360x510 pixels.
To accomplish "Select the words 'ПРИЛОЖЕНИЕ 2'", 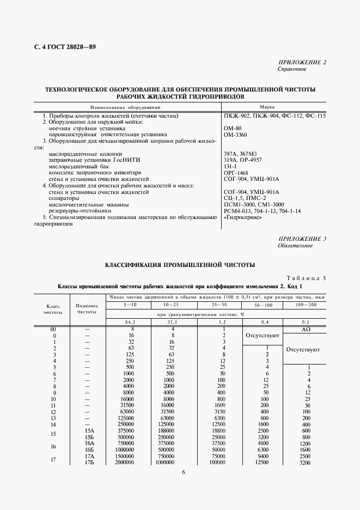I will (302, 63).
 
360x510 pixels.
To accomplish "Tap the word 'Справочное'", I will (292, 70).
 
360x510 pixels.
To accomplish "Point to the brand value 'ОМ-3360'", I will (235, 134).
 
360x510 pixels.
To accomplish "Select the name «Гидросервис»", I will (242, 217).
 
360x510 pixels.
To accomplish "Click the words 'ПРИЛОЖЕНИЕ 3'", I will (302, 239).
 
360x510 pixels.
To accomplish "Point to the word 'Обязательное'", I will (295, 246).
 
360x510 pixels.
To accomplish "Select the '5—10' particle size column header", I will (131, 305).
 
